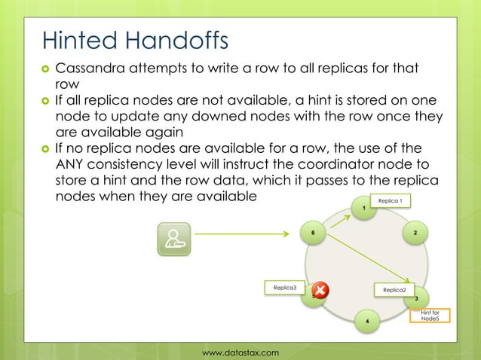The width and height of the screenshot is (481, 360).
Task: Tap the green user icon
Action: coord(173,238)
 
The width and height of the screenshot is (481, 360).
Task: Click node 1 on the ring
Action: coord(364,207)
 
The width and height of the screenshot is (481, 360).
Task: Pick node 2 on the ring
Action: coord(415,233)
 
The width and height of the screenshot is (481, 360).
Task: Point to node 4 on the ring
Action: coord(366,322)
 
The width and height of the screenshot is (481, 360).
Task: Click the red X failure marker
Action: coord(320,291)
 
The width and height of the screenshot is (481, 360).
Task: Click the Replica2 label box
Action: coord(394,290)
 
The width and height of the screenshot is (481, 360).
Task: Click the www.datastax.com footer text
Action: coord(240,352)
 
